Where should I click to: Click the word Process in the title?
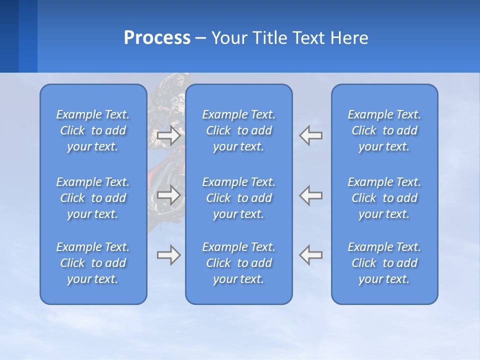coord(157,38)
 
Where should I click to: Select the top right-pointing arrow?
coord(168,135)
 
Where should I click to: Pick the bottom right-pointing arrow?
coord(168,255)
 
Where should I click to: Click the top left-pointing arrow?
coord(311,135)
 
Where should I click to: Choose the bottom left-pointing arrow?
coord(311,255)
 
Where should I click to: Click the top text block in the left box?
coord(93,130)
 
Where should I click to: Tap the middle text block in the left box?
coord(93,198)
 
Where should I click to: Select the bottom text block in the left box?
coord(93,263)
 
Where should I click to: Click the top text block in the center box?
coord(238,130)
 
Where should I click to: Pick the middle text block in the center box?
coord(238,198)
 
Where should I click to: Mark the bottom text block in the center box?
coord(238,263)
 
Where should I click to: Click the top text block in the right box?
coord(384,130)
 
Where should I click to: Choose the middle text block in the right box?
coord(384,198)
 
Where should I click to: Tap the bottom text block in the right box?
coord(384,263)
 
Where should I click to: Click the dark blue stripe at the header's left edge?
coord(9,36)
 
